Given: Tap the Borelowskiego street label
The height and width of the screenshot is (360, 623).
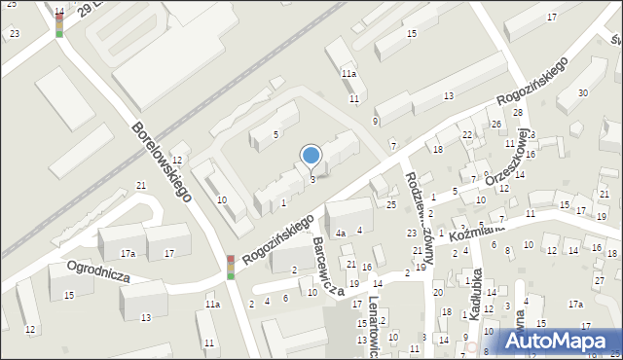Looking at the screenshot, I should coord(162,162).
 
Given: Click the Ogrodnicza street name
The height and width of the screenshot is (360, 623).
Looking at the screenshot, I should coord(98,268).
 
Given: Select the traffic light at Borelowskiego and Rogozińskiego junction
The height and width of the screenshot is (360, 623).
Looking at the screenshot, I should coord(231,267).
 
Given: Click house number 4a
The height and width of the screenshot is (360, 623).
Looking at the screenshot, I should coord(341,234).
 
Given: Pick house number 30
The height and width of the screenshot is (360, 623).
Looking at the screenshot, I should coord(582,92).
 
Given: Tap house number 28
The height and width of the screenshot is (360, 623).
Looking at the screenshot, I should coord(518,113).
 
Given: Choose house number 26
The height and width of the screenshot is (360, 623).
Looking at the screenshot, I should coord(495,124).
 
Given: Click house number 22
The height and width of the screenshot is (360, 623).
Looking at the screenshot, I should coord(467,134).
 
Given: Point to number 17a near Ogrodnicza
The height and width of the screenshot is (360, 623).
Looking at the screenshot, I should coord(128,253).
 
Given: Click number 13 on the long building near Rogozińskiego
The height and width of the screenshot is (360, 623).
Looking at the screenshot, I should coord(448,95).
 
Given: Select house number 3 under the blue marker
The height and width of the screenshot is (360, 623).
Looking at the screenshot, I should coord(311,179).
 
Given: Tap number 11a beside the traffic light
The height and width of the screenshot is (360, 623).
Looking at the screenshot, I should coord(212,305).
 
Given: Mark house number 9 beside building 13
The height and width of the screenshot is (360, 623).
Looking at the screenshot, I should coord(375,121).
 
